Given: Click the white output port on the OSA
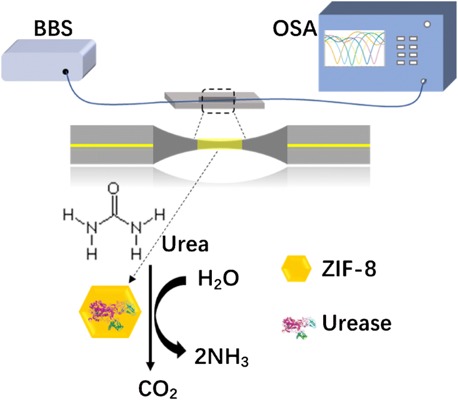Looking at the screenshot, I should click(x=424, y=81).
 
